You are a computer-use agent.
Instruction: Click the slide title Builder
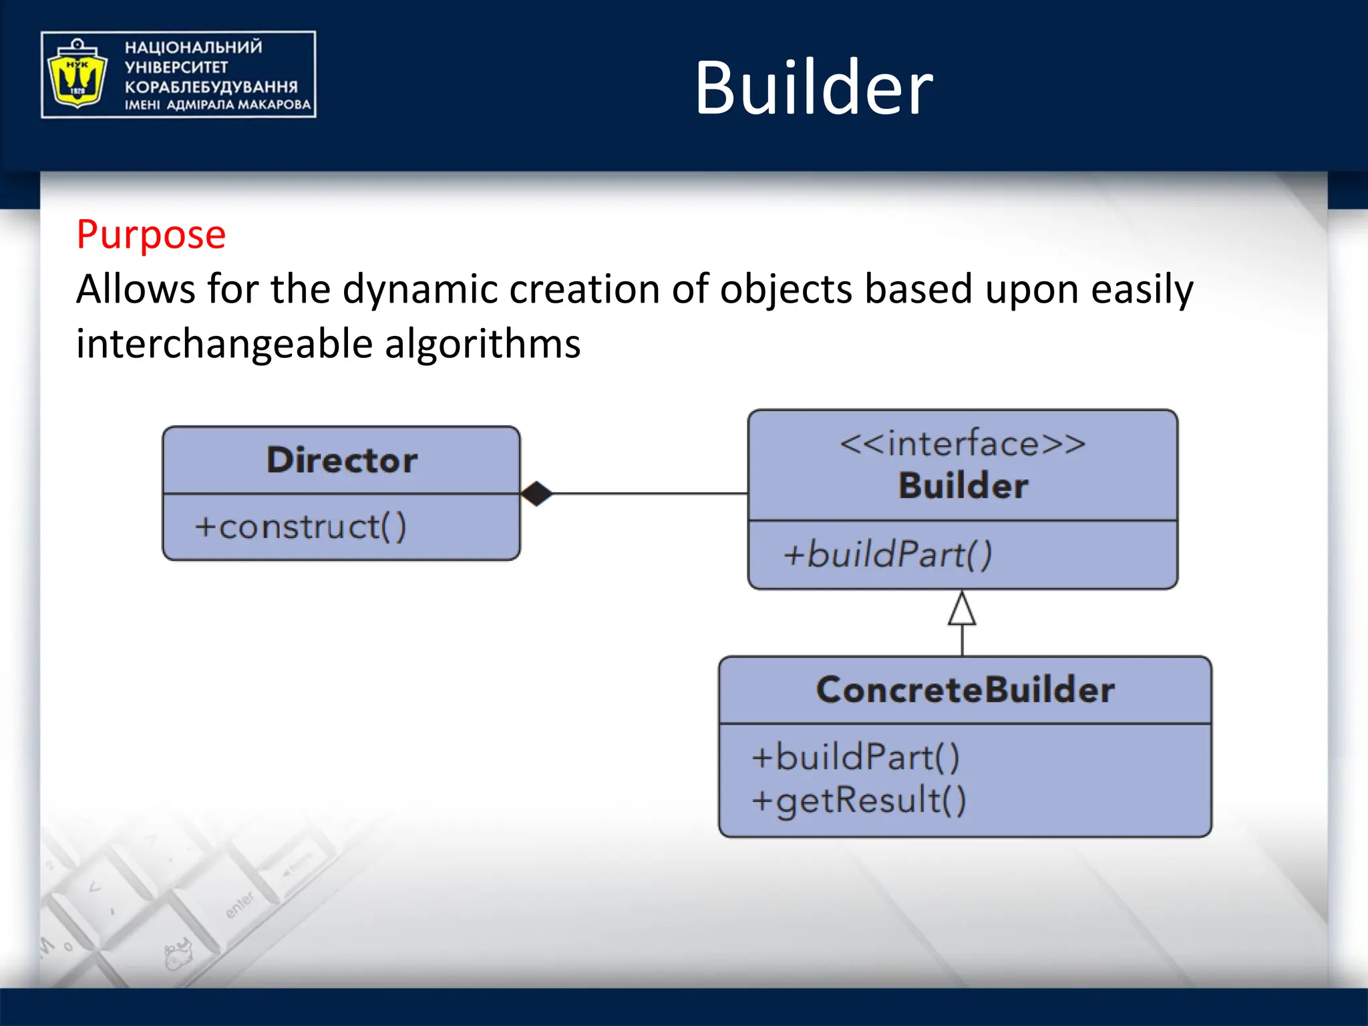point(813,88)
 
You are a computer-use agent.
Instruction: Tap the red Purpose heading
point(151,236)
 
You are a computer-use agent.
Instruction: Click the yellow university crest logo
point(77,74)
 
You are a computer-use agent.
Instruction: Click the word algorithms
point(482,344)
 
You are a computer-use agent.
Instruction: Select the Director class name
point(342,460)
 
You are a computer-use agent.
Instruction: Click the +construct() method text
point(300,527)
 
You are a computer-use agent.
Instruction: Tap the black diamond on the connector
point(536,494)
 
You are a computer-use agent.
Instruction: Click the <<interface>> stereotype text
point(963,444)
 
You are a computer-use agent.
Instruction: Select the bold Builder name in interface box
point(963,486)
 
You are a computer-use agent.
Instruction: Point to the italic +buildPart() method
point(888,554)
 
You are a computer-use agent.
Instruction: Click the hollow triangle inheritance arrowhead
point(962,609)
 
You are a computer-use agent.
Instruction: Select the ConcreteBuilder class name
point(965,690)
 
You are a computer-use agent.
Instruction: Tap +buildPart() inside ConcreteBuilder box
point(856,757)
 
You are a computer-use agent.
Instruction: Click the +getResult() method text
point(859,800)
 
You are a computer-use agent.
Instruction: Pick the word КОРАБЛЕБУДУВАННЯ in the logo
point(211,87)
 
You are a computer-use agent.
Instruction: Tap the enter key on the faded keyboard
point(240,904)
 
